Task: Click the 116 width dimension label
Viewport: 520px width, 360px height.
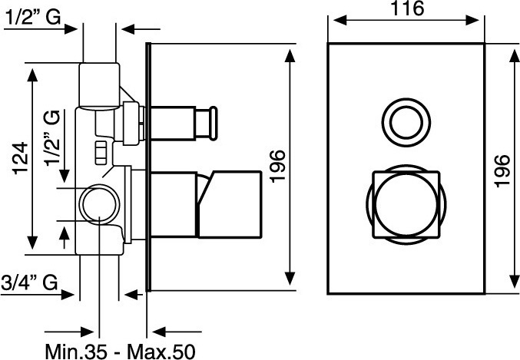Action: coord(408,8)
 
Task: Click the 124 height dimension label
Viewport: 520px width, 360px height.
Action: coord(20,158)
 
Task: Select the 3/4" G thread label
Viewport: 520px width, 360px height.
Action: coord(29,282)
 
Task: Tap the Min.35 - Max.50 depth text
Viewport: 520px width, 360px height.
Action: coord(120,351)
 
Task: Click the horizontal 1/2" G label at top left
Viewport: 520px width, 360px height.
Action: coord(33,17)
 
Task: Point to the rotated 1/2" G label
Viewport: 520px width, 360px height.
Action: coord(51,137)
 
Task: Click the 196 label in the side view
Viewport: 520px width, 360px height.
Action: coord(277,167)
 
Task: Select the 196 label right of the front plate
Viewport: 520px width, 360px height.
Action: coord(502,171)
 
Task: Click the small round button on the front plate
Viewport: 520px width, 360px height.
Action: coord(406,122)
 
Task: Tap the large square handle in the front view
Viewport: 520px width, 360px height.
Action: coord(406,204)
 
